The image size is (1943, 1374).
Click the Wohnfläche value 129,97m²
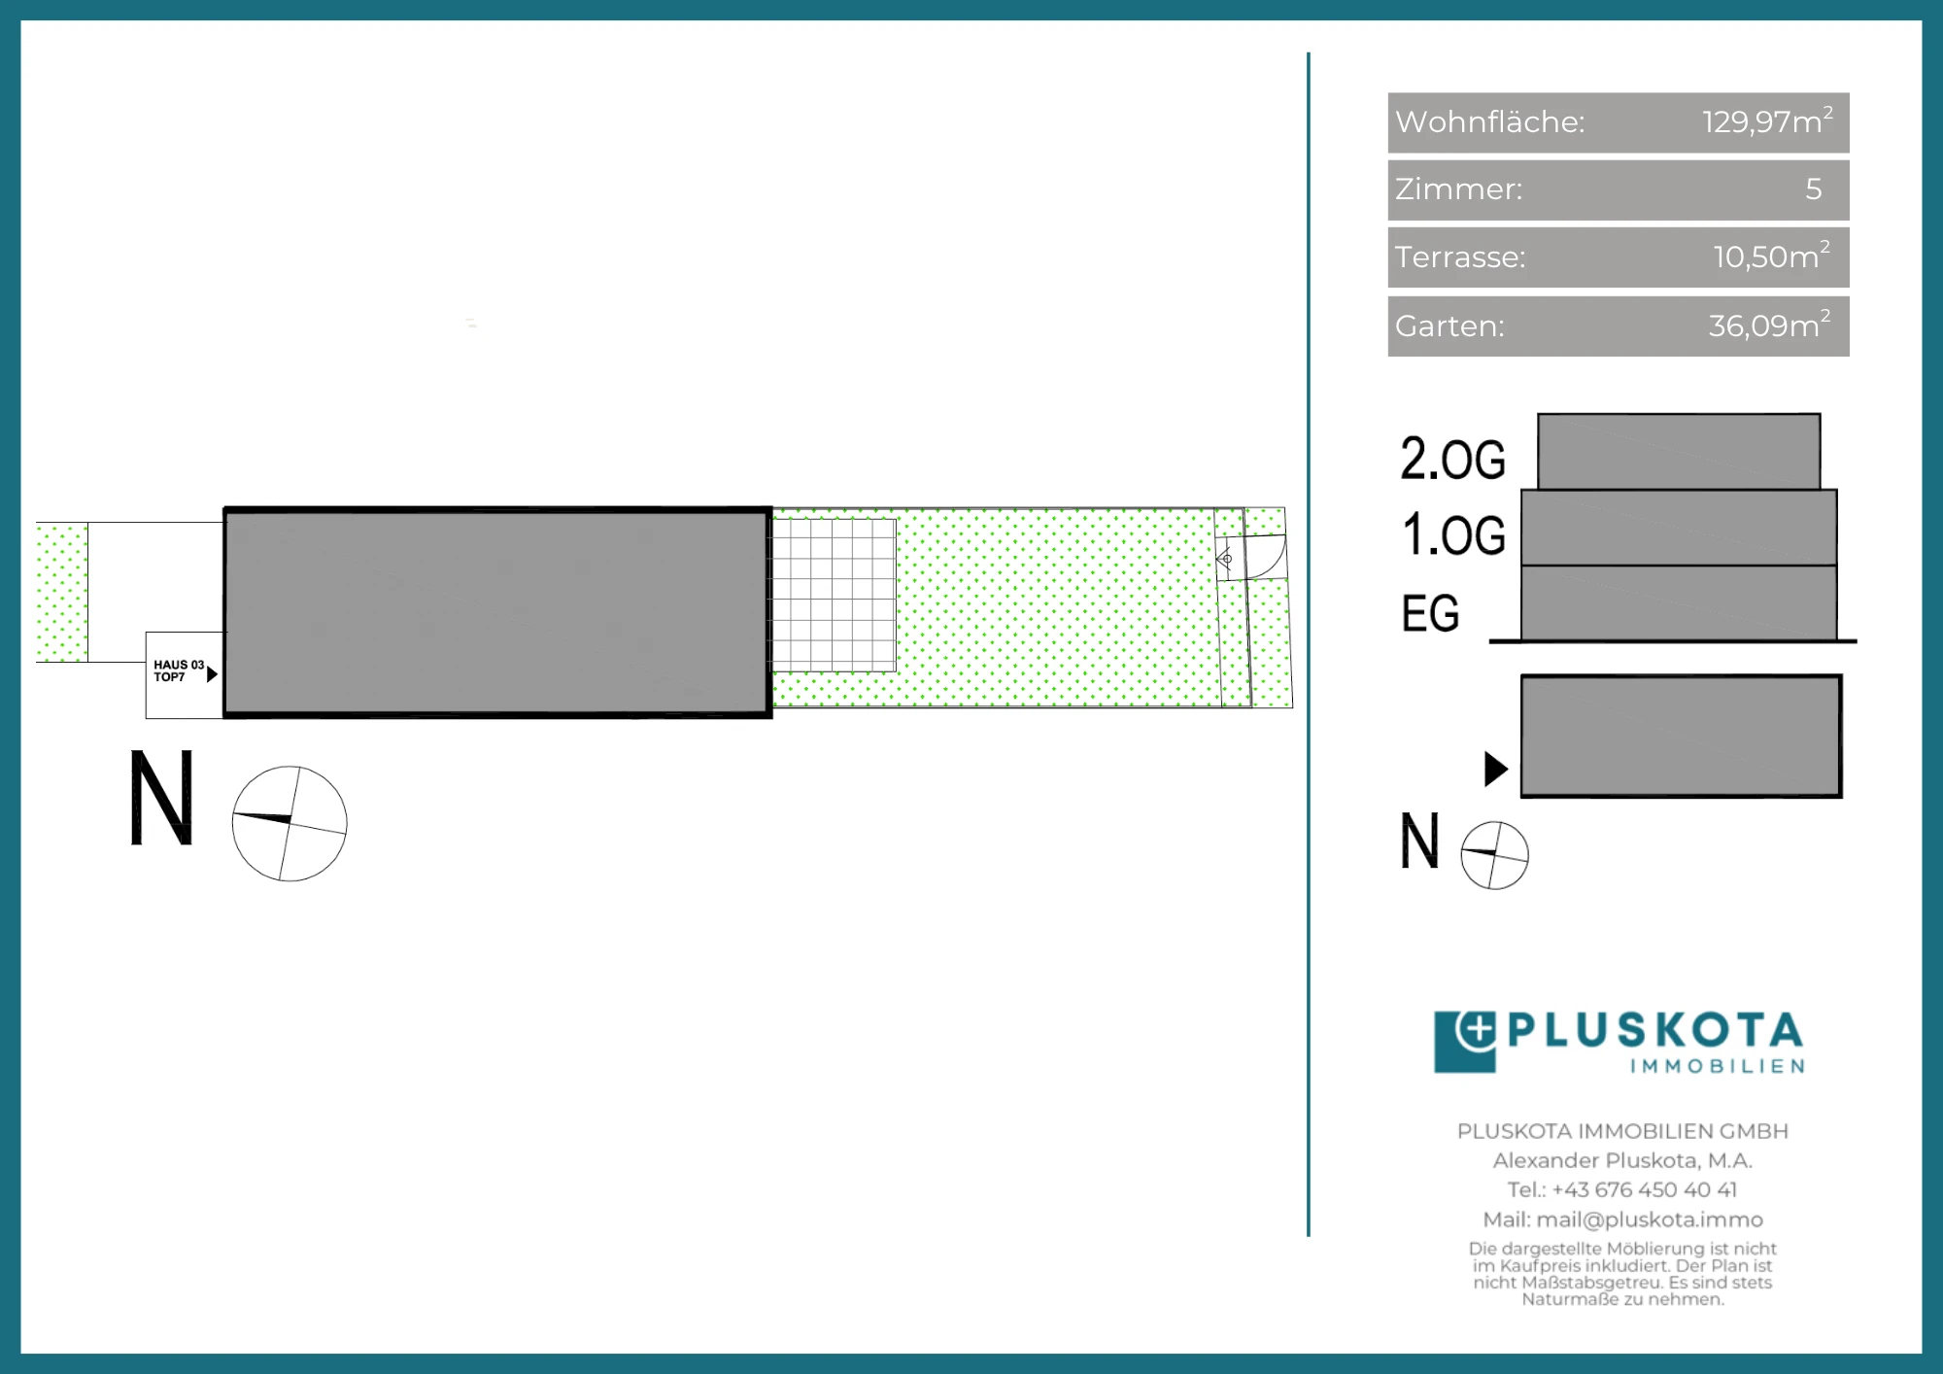1767,121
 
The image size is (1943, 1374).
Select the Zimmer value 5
1814,189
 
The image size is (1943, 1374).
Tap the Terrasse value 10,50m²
1772,256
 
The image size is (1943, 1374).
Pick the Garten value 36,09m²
1770,325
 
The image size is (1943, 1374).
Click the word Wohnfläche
1489,121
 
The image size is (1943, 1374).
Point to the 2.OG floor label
1452,459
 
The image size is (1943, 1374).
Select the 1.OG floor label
1453,535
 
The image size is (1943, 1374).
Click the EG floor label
1430,613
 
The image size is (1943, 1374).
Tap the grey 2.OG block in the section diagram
1679,452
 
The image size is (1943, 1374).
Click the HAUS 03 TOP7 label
179,670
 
